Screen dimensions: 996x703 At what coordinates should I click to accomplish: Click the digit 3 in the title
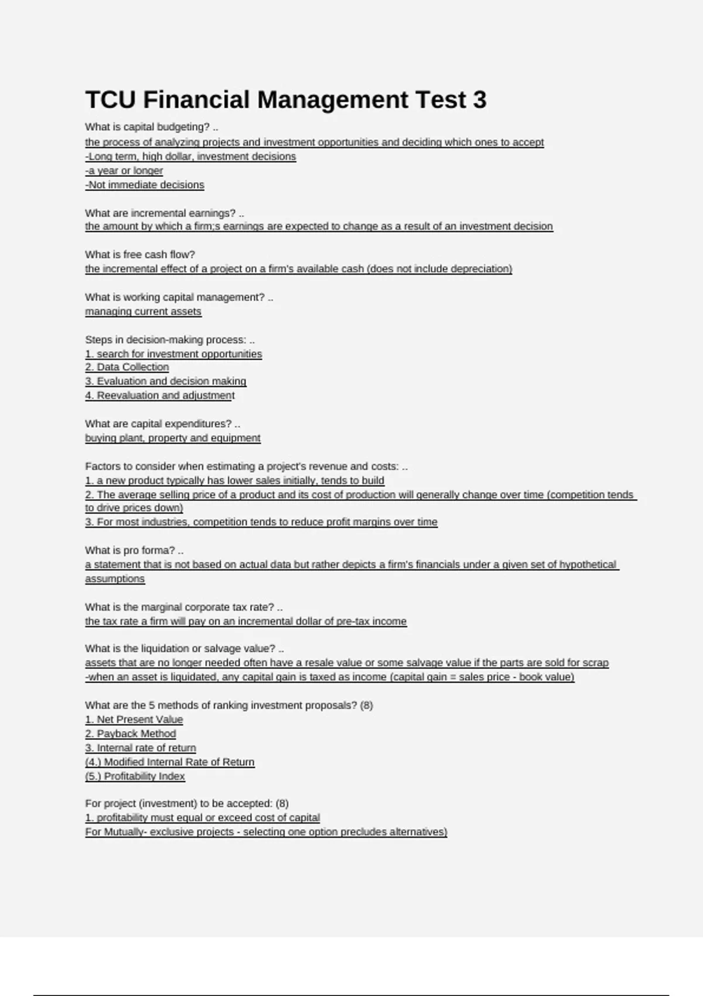[x=480, y=100]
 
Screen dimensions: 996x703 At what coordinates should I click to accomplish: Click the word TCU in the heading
[x=110, y=100]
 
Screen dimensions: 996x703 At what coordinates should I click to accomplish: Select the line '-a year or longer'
[x=124, y=170]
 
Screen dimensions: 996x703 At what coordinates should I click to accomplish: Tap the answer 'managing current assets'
[x=143, y=311]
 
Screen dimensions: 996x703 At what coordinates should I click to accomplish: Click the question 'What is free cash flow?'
[x=140, y=254]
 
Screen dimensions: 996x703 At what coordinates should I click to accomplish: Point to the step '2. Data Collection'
[x=127, y=367]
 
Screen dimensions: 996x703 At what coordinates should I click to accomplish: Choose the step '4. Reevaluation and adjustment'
[x=160, y=395]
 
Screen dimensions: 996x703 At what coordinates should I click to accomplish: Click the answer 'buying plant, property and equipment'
[x=173, y=438]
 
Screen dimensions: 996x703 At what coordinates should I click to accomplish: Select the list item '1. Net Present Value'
[x=134, y=719]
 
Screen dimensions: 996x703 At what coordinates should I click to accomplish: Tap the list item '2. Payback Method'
[x=131, y=734]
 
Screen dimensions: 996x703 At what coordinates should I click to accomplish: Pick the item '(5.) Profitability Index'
[x=135, y=776]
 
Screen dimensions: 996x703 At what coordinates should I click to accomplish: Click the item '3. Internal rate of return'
[x=141, y=748]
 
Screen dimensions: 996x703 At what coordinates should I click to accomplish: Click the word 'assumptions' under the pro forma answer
[x=115, y=578]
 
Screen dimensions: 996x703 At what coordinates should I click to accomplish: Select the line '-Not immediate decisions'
[x=145, y=185]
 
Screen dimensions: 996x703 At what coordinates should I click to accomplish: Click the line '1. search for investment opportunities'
[x=173, y=354]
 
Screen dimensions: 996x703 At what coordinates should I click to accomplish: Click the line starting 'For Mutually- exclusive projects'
[x=266, y=832]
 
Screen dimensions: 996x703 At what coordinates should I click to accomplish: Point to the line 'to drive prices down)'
[x=134, y=507]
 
